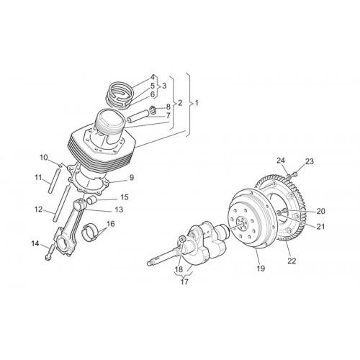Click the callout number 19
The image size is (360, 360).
(x=261, y=268)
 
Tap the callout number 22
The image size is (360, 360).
(x=292, y=261)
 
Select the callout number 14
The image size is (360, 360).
(x=35, y=243)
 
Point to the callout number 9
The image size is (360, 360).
(x=131, y=178)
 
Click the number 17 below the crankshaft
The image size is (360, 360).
(x=184, y=282)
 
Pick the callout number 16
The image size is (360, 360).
(x=111, y=224)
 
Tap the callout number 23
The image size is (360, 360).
(x=309, y=161)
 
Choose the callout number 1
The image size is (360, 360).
(x=197, y=103)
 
